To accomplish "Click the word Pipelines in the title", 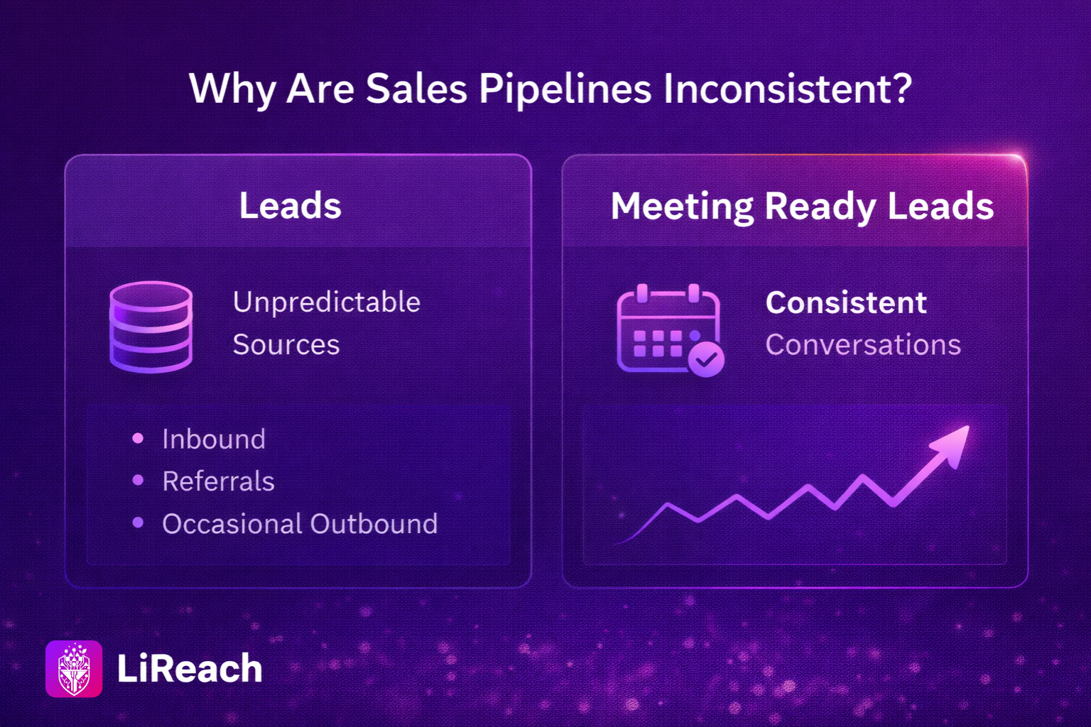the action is pos(565,90).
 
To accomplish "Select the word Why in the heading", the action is pos(232,90).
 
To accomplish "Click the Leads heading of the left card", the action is pos(291,205).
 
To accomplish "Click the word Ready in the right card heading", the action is pos(820,207).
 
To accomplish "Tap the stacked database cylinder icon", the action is pos(151,327).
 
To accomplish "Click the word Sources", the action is pos(286,345).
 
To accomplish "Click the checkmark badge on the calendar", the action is pos(706,359).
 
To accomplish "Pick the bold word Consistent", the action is pos(846,302).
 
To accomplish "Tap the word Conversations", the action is pos(863,345).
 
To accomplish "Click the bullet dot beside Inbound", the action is pos(138,438).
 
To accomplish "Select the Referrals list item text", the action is pos(218,481).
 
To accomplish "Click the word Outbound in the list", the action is pos(374,524).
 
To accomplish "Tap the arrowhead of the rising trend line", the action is pos(952,444).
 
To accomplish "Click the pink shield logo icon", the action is pos(74,669).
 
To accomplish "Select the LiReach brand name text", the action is pos(190,669).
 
